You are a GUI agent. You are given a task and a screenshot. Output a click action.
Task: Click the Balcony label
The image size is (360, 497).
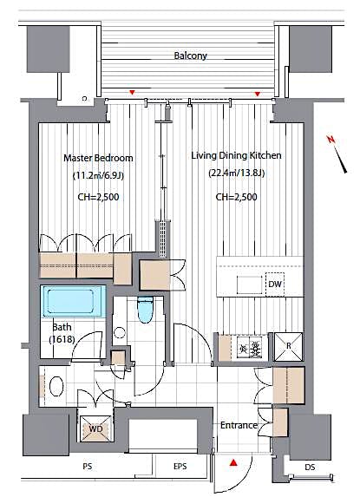coord(189,56)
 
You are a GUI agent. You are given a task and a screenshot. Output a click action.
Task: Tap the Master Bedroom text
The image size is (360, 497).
coord(99,158)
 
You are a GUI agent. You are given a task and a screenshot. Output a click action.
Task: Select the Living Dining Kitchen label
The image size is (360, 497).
coord(236,156)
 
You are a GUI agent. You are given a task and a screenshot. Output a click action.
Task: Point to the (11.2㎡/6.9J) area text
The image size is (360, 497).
coord(99,177)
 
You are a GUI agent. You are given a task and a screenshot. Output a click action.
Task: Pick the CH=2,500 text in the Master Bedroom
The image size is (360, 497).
coord(99,197)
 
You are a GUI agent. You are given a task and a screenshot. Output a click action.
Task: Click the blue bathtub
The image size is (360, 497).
coord(73,304)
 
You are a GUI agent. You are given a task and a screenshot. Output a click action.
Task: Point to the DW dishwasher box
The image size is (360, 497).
coord(274,283)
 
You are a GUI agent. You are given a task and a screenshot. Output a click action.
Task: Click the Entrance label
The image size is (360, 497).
coord(238,425)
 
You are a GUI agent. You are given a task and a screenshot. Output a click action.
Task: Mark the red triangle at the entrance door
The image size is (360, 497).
coord(232,464)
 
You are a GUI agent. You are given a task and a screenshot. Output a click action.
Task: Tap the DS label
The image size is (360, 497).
coord(311,469)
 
